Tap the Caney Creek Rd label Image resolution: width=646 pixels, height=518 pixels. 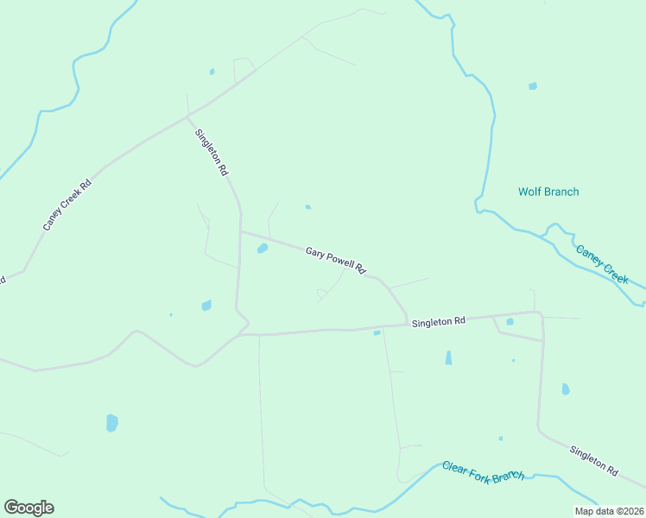[67, 205]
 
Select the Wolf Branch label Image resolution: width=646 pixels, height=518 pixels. [548, 192]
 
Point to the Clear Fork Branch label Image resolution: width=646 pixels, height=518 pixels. [483, 471]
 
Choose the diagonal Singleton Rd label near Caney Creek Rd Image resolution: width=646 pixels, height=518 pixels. [211, 153]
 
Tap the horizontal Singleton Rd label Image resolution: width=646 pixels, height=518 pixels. [439, 321]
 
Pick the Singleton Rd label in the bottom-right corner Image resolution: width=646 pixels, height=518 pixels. [594, 461]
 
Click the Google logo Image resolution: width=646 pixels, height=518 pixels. [28, 508]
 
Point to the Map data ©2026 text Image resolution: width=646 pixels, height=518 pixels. [609, 510]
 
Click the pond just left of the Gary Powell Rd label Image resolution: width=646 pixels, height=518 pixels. [262, 249]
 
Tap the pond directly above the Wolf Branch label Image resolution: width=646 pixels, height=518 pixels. [532, 86]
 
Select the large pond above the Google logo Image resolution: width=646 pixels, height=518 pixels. [111, 422]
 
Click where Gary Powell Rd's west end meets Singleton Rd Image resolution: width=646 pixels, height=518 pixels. [241, 231]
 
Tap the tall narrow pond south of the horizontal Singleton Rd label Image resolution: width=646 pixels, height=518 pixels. [448, 357]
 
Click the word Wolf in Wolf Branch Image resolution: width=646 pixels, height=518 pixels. [529, 192]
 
